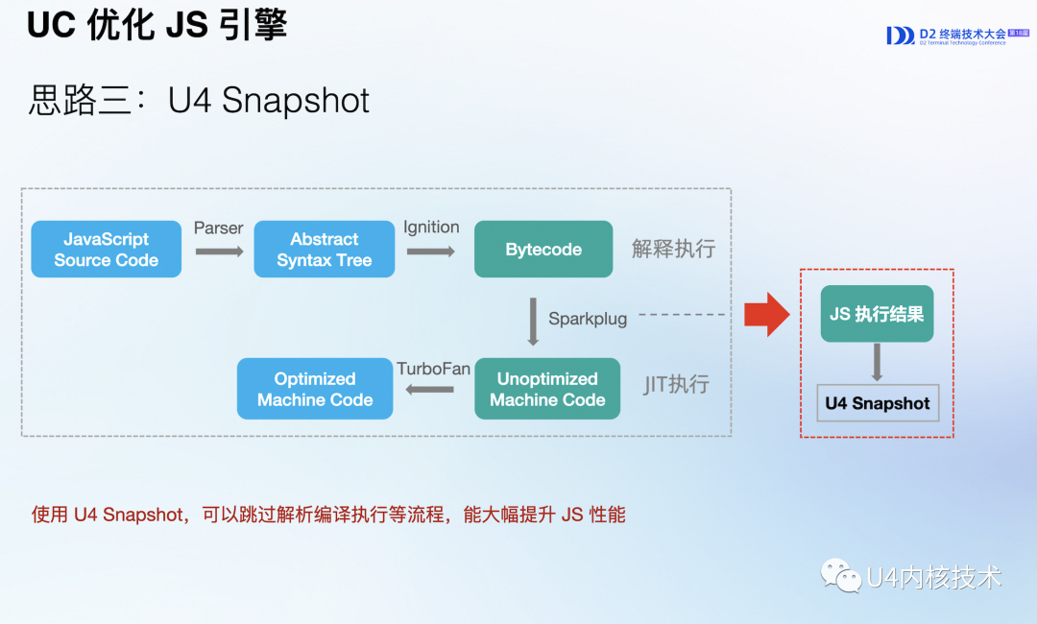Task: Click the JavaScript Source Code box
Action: coord(106,250)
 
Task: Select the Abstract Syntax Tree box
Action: coord(324,250)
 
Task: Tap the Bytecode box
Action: coord(543,250)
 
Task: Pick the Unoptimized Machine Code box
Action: coord(547,390)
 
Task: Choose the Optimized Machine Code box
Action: coord(315,390)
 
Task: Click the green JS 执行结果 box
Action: coord(877,314)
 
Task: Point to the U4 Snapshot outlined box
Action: coord(877,403)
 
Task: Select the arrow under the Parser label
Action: coord(219,252)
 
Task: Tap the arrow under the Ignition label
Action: coord(430,252)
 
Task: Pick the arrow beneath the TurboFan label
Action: coord(430,390)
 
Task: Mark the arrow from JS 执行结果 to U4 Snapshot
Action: coord(877,362)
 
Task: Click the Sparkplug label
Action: coord(588,319)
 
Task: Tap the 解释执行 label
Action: coord(673,250)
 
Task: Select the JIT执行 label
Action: coord(676,385)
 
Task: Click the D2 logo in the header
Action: coord(901,36)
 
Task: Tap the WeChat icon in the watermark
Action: coord(840,576)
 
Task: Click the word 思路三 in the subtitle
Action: coord(81,101)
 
